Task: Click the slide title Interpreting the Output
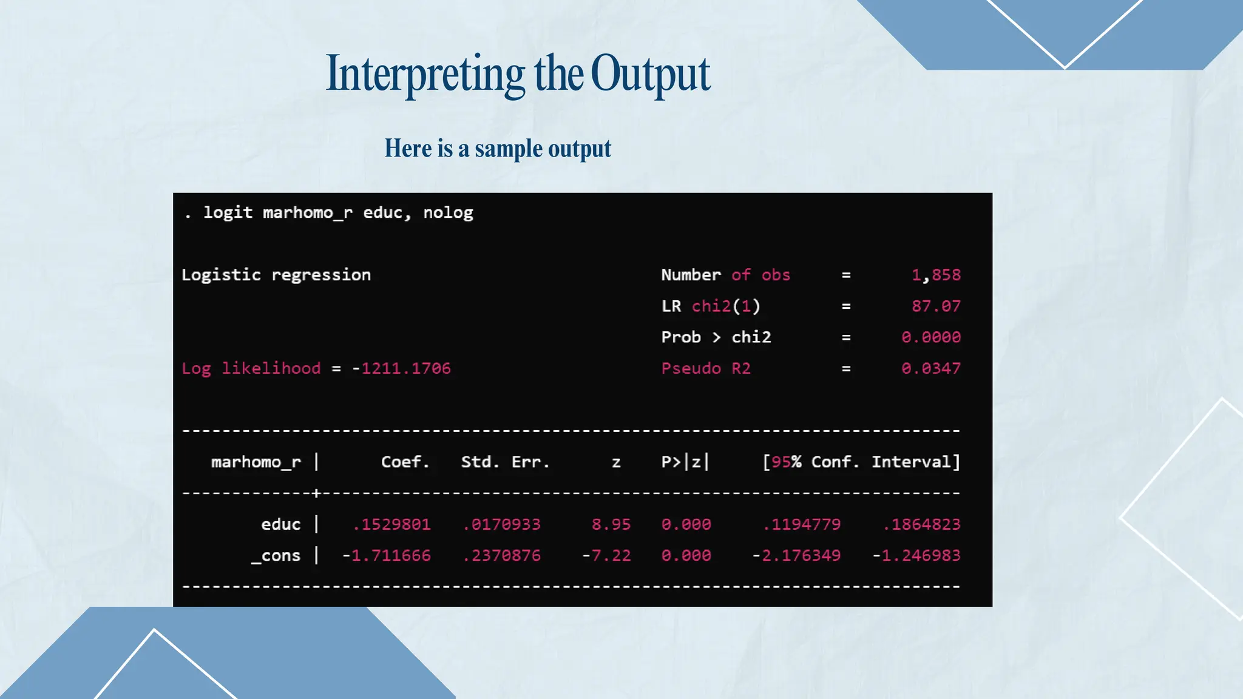point(518,74)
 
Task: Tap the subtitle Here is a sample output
point(498,149)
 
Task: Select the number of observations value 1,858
point(936,275)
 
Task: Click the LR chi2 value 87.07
point(936,306)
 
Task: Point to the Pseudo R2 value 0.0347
point(931,368)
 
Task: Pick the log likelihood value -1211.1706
point(402,368)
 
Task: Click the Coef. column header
point(405,462)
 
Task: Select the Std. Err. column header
point(505,462)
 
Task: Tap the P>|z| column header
point(685,462)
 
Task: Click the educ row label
point(280,524)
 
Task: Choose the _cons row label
point(276,556)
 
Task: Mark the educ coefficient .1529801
point(391,524)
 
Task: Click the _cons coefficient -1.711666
point(387,556)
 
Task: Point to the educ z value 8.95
point(611,524)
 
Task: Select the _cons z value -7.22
point(606,556)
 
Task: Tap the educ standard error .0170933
point(501,524)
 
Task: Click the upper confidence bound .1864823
point(921,524)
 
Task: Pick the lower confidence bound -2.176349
point(796,556)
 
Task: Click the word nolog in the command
point(448,213)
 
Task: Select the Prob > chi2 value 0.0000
point(931,337)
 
